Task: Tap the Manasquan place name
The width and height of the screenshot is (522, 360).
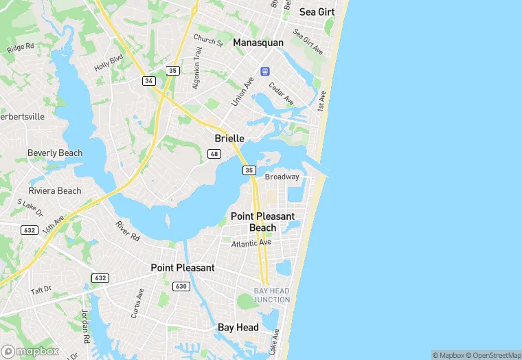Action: (x=258, y=43)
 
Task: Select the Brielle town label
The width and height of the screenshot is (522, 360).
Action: (x=229, y=138)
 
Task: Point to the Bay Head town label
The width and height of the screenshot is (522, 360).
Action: (x=238, y=328)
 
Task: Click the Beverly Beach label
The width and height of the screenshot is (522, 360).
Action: (x=55, y=153)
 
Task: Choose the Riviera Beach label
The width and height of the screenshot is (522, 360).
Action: (x=55, y=191)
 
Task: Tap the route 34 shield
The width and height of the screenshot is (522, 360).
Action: (x=149, y=81)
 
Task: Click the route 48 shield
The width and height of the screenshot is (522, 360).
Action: (x=214, y=154)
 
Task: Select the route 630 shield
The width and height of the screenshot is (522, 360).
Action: (x=181, y=286)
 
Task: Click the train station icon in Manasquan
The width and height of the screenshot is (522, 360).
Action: (x=264, y=71)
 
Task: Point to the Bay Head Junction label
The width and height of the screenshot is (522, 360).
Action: (x=271, y=295)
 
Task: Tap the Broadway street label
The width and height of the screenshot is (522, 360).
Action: (x=282, y=177)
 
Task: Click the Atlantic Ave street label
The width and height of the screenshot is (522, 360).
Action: (x=251, y=243)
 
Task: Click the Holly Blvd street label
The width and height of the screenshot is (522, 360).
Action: (x=108, y=64)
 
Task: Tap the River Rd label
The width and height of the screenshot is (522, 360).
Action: (x=128, y=231)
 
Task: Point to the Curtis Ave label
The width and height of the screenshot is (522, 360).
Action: (x=137, y=303)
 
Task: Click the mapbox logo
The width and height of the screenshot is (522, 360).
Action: (x=30, y=350)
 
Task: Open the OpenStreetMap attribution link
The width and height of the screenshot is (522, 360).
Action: (x=493, y=355)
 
